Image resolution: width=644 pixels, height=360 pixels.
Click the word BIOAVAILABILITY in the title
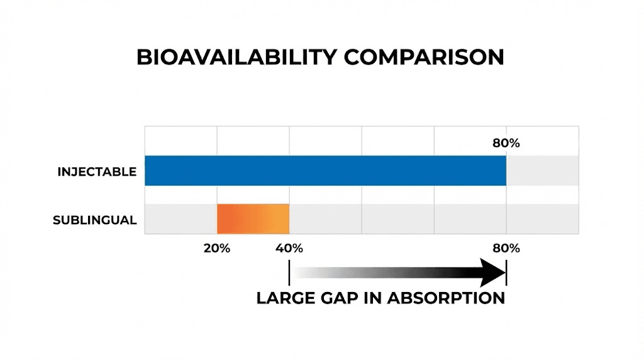click(237, 57)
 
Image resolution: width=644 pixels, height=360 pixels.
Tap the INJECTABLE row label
click(97, 171)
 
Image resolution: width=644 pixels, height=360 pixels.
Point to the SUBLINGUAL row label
click(94, 220)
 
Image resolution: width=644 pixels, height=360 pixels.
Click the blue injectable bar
click(325, 171)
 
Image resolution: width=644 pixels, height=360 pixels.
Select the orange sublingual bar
click(253, 219)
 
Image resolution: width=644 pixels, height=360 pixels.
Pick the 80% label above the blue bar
click(506, 143)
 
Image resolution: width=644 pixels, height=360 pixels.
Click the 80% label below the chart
click(506, 248)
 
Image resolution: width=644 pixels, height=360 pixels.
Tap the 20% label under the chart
click(217, 248)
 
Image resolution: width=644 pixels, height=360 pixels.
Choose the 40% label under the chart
click(289, 248)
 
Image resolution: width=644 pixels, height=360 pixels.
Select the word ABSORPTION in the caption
click(446, 298)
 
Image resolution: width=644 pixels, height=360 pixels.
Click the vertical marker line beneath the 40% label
click(289, 273)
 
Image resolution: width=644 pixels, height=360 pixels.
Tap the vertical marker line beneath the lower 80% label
click(506, 273)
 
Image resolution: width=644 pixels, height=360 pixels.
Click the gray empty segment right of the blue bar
click(542, 171)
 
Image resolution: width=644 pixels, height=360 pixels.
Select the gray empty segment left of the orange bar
click(181, 219)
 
